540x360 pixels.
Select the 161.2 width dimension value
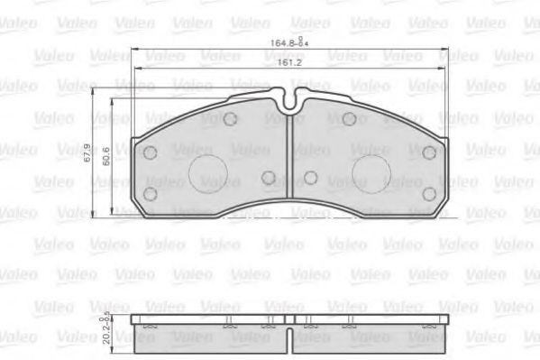(x=287, y=61)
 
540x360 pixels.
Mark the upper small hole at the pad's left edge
(x=151, y=152)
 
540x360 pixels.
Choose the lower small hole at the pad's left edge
(x=151, y=193)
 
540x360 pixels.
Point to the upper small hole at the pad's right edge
(x=429, y=152)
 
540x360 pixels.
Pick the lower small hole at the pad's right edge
(x=429, y=193)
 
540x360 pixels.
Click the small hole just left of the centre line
(x=268, y=177)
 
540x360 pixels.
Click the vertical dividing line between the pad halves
(x=289, y=162)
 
